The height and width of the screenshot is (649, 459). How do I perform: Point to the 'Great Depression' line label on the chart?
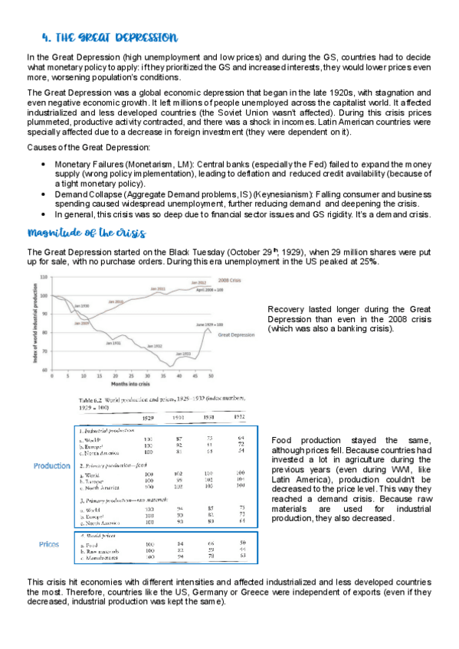point(237,334)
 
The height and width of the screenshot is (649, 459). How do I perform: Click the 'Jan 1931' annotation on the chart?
point(112,342)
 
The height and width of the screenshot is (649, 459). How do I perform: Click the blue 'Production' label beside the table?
point(52,466)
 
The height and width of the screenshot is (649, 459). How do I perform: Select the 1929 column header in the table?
point(147,418)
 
